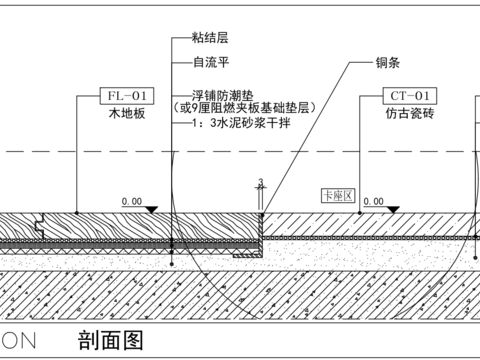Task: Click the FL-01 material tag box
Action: click(127, 96)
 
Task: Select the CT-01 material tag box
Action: click(408, 96)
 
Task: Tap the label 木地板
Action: click(127, 114)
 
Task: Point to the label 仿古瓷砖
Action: click(408, 114)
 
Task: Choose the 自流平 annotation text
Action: click(210, 61)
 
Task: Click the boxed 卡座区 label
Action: click(338, 195)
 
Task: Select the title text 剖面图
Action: click(110, 339)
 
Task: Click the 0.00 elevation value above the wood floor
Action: click(132, 201)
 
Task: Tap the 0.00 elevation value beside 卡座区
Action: click(374, 201)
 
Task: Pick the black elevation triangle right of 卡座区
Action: click(392, 209)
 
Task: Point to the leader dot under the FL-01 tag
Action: click(76, 212)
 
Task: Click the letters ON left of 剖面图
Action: click(22, 340)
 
